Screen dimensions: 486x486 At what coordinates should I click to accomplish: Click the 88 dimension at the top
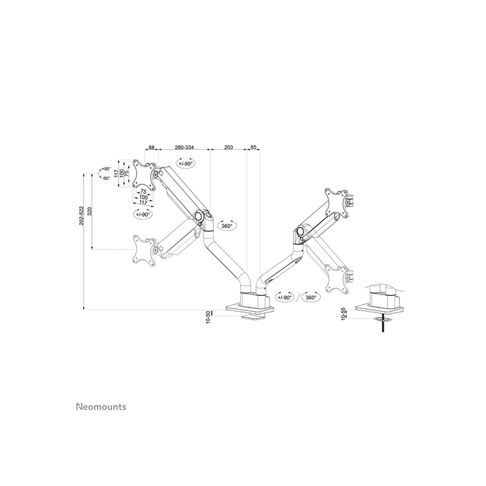pyautogui.click(x=151, y=148)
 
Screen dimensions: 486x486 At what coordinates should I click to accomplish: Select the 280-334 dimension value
pyautogui.click(x=185, y=148)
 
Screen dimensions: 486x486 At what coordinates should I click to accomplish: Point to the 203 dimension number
pyautogui.click(x=229, y=148)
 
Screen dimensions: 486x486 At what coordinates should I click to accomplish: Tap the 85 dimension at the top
pyautogui.click(x=253, y=148)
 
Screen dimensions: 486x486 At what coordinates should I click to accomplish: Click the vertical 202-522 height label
pyautogui.click(x=81, y=215)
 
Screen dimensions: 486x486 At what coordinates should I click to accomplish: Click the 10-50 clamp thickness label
pyautogui.click(x=208, y=317)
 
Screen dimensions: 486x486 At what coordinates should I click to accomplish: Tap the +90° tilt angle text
pyautogui.click(x=106, y=169)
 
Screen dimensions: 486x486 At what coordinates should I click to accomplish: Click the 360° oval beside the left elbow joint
pyautogui.click(x=227, y=226)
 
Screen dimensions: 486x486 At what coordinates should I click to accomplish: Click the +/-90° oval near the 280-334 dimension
pyautogui.click(x=185, y=164)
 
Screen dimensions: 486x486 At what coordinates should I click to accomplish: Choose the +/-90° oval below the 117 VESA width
pyautogui.click(x=144, y=215)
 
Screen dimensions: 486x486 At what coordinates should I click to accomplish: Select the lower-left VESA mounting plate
pyautogui.click(x=144, y=249)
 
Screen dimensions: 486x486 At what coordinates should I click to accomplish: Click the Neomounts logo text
pyautogui.click(x=101, y=407)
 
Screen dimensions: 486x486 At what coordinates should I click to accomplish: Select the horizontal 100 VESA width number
pyautogui.click(x=144, y=197)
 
